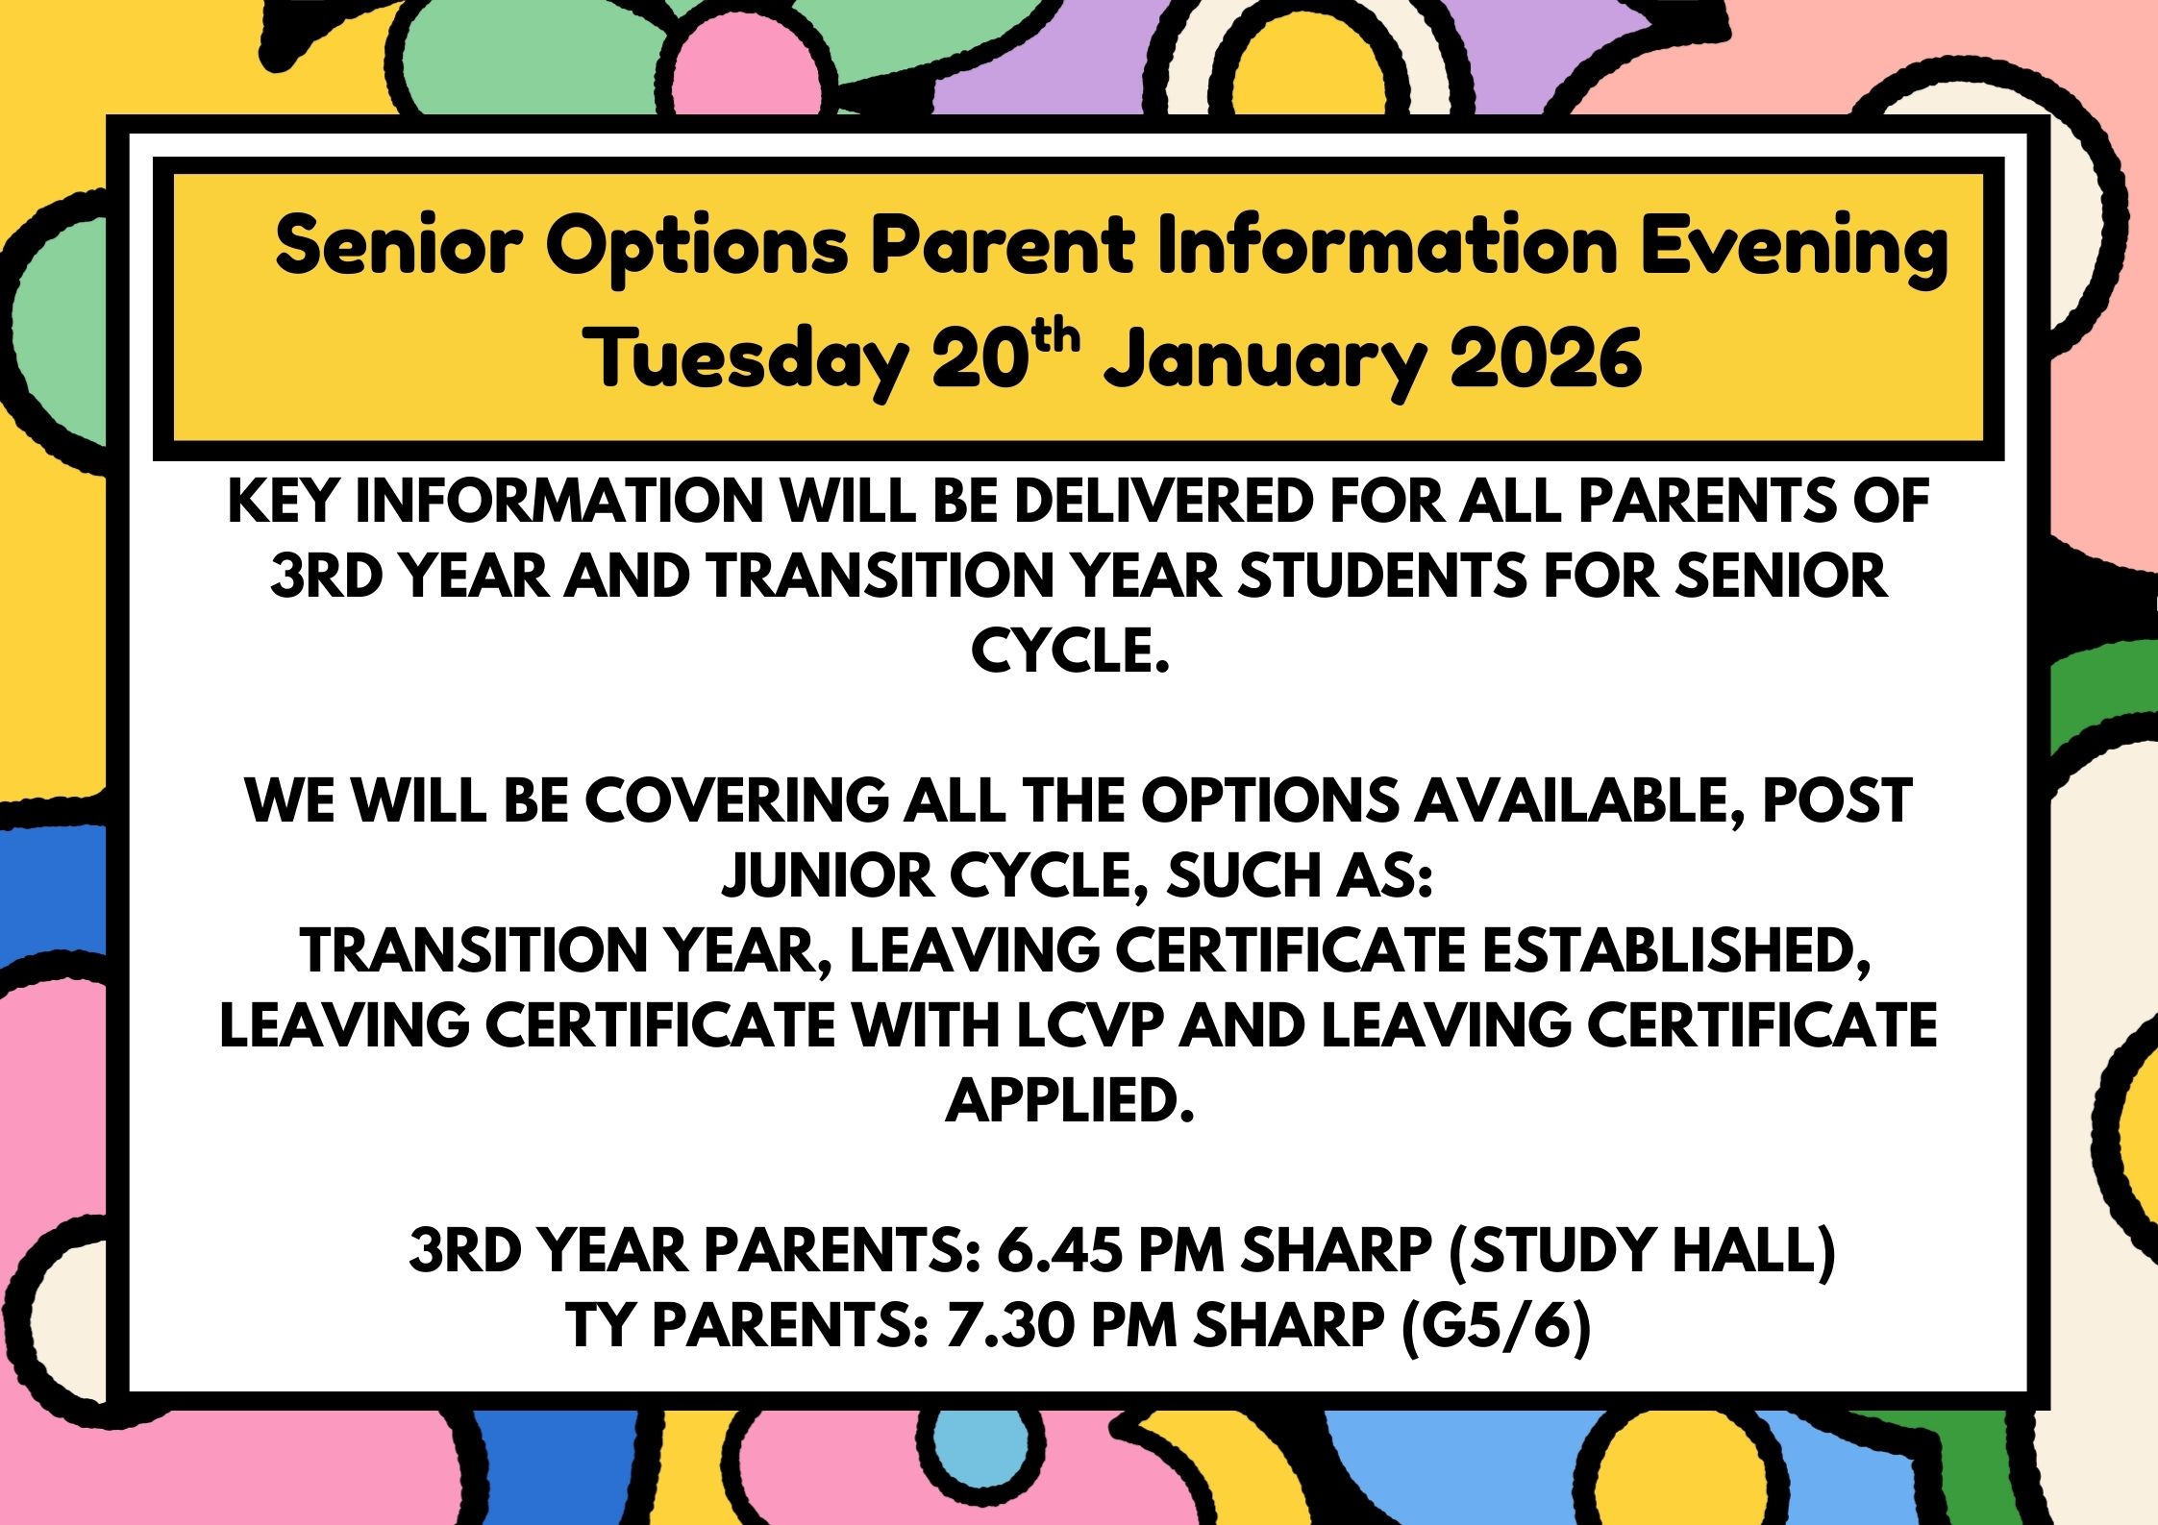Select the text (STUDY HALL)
pyautogui.click(x=1641, y=1250)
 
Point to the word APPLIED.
pyautogui.click(x=1069, y=1100)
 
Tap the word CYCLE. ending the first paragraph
pyautogui.click(x=1069, y=651)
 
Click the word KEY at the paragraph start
pyautogui.click(x=284, y=501)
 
